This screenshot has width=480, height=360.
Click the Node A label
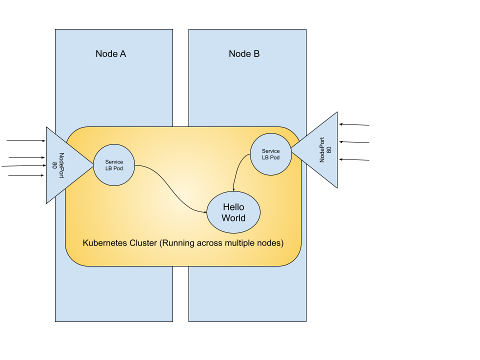[x=110, y=54]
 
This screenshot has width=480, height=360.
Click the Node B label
[x=244, y=54]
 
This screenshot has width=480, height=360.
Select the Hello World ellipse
[x=233, y=212]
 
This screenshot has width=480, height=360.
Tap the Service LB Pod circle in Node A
[x=114, y=165]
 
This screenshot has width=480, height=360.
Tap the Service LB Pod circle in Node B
[x=270, y=154]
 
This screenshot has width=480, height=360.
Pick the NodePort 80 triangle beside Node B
[x=320, y=150]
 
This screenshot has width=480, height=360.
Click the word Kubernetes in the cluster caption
[x=103, y=243]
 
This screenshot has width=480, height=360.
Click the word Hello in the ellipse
[x=233, y=207]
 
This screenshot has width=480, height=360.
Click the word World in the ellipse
[x=233, y=218]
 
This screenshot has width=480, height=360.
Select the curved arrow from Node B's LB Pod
[x=239, y=170]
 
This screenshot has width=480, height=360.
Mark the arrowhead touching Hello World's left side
[x=205, y=212]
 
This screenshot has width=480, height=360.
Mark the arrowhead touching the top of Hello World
[x=233, y=189]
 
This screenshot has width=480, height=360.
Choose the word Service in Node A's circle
[x=114, y=162]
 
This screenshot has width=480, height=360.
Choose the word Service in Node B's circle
[x=270, y=151]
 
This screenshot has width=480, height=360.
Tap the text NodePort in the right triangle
[x=321, y=150]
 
